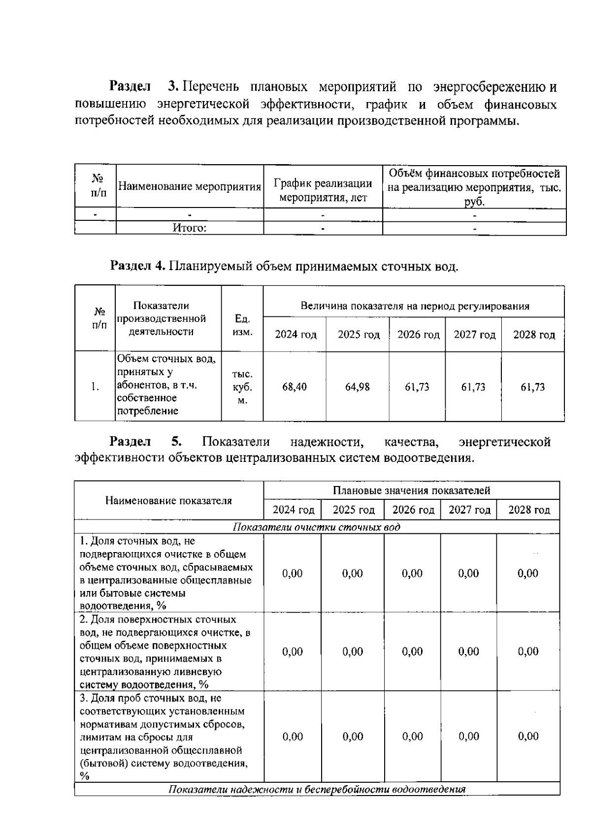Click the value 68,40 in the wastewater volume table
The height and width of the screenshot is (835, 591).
[294, 387]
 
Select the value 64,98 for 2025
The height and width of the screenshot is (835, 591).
[357, 387]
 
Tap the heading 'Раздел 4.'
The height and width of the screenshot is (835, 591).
[137, 266]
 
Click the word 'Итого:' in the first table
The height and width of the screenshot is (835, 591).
[189, 228]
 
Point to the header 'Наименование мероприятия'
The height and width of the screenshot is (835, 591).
[190, 187]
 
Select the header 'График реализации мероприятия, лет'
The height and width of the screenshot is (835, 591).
[323, 191]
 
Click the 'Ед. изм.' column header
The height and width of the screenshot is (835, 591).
[242, 325]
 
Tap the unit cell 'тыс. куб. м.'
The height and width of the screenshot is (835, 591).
[242, 387]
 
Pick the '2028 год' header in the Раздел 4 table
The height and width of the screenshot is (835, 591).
[534, 335]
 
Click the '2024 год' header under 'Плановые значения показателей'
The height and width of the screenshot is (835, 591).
[293, 510]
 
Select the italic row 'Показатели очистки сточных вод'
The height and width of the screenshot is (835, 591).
[316, 527]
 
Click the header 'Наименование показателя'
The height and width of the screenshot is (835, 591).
[168, 501]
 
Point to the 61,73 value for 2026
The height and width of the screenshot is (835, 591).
[417, 387]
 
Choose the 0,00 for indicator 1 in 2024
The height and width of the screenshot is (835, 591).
[292, 573]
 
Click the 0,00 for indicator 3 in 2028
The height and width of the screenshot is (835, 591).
[528, 736]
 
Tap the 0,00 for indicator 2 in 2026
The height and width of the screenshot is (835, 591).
[412, 652]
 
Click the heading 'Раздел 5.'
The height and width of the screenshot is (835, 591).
[146, 442]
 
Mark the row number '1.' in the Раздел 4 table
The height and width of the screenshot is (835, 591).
[96, 387]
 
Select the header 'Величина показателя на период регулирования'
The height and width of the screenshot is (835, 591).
[415, 306]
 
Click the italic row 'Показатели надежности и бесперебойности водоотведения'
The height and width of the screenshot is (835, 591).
[317, 789]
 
